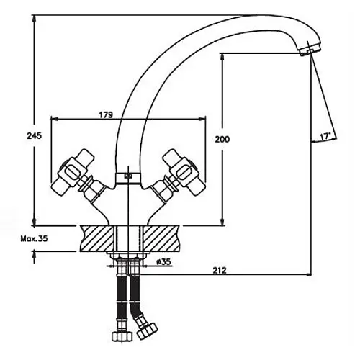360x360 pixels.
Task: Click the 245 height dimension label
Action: (34, 136)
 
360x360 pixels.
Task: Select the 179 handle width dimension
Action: (106, 115)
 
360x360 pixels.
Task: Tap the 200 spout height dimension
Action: (222, 139)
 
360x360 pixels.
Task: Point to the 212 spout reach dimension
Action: (220, 271)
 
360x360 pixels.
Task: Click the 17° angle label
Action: (325, 137)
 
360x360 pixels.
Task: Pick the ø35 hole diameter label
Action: (163, 261)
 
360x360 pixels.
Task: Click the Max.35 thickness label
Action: (34, 239)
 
